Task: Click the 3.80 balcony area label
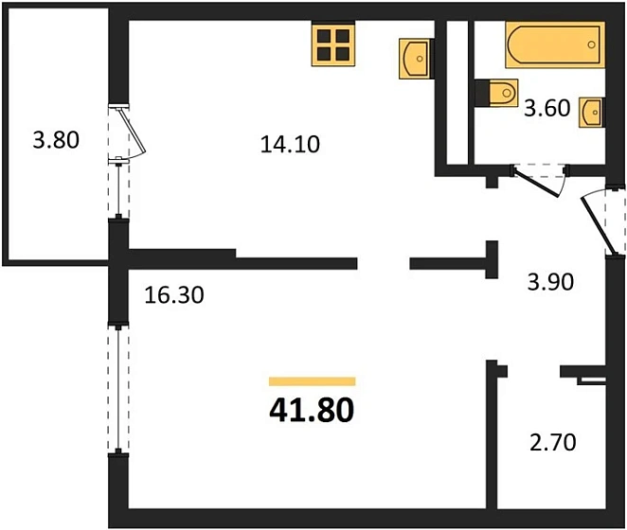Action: (x=55, y=142)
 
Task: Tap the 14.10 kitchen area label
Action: (x=291, y=145)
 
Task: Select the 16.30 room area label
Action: (x=174, y=294)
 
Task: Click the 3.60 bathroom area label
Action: (x=546, y=108)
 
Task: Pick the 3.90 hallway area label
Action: (x=547, y=281)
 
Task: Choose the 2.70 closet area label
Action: (x=552, y=441)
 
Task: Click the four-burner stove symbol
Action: (x=333, y=44)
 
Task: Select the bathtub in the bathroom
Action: (x=553, y=44)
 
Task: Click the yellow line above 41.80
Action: (x=312, y=381)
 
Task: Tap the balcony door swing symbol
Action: (x=128, y=131)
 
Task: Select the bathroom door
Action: (x=538, y=180)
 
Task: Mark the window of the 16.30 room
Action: (x=117, y=389)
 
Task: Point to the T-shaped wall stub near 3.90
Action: (x=491, y=260)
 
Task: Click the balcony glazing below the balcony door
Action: (x=118, y=189)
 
